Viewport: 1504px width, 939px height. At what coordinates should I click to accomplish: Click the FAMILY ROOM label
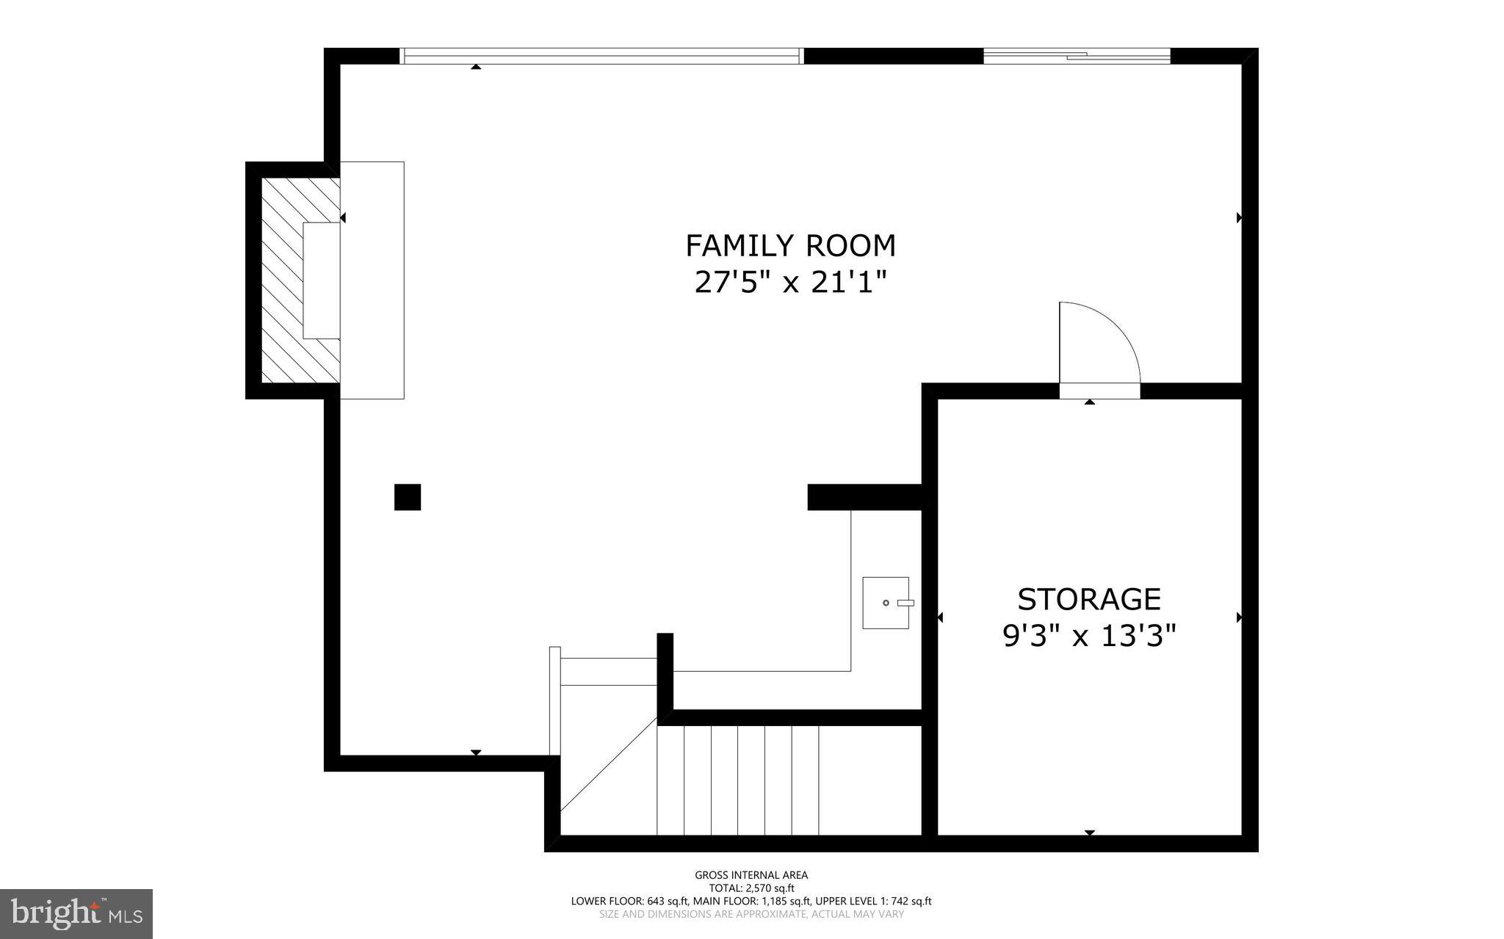790,246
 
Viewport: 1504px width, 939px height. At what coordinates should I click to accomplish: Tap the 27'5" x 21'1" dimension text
790,282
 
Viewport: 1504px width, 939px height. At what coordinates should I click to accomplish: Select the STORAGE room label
1088,600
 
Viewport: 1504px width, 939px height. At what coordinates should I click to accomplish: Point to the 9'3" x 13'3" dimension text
1088,636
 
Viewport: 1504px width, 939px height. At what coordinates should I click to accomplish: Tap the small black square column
408,497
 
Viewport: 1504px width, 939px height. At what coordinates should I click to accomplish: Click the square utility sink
885,603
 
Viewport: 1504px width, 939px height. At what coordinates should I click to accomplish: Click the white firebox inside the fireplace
322,280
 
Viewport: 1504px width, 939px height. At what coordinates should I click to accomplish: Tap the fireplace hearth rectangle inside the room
372,280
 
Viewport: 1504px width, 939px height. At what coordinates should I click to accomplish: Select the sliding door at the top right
1076,56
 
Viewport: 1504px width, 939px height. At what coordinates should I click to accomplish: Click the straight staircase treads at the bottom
737,780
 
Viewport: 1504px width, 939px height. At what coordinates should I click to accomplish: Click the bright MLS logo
76,913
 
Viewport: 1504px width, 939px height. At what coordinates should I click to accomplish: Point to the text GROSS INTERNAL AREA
751,875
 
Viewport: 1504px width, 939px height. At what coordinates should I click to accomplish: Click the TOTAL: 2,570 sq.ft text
751,888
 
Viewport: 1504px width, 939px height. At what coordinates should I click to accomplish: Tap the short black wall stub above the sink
864,497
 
